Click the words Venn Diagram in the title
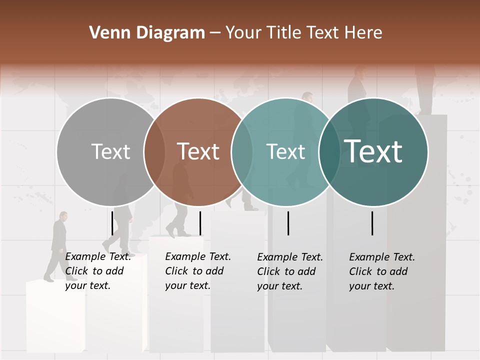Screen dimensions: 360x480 point(147,33)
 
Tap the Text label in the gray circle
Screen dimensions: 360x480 point(111,151)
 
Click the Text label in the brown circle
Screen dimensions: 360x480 point(198,151)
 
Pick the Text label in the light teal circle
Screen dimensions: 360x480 point(286,151)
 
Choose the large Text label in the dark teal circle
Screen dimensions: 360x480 point(373,151)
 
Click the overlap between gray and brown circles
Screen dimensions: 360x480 point(154,152)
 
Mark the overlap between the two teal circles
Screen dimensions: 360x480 point(329,152)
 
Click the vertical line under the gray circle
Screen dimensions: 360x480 point(112,223)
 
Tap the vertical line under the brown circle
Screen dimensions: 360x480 point(200,223)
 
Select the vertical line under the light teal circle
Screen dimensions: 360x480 point(288,223)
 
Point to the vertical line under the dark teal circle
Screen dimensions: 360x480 point(372,223)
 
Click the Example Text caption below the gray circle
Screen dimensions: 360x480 point(98,271)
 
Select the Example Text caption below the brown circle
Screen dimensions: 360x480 point(198,271)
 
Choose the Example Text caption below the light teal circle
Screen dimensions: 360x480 point(290,271)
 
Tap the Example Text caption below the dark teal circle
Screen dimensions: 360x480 point(382,271)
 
